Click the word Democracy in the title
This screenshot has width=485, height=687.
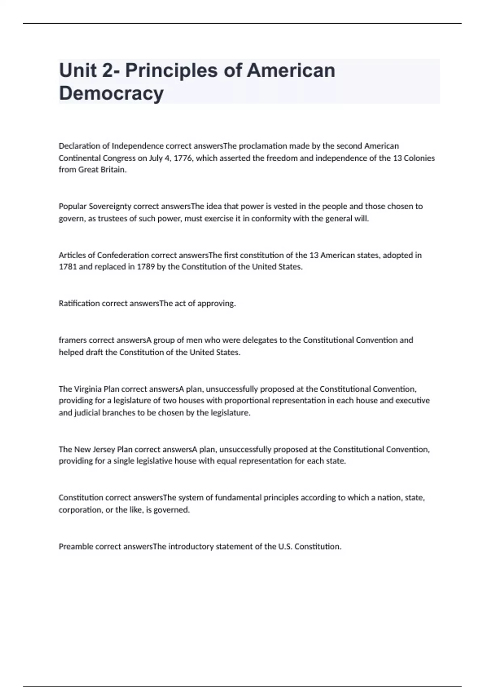pyautogui.click(x=111, y=93)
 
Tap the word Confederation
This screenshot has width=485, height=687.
pyautogui.click(x=123, y=255)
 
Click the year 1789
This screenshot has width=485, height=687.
pyautogui.click(x=145, y=267)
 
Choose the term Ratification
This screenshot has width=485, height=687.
pyautogui.click(x=79, y=303)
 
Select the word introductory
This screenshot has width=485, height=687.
pyautogui.click(x=191, y=547)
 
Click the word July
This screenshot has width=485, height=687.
pyautogui.click(x=156, y=158)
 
